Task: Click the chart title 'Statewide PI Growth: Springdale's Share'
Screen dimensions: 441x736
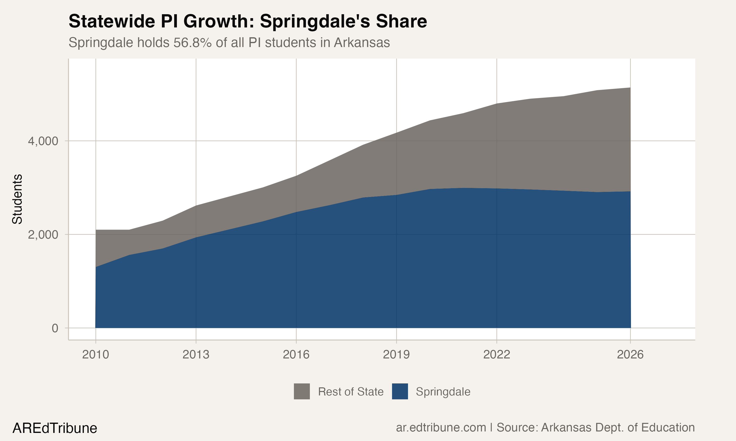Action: click(x=248, y=21)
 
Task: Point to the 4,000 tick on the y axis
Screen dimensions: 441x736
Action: click(x=43, y=141)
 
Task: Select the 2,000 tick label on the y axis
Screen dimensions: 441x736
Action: click(x=43, y=235)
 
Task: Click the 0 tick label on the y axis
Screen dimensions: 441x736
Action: click(x=55, y=328)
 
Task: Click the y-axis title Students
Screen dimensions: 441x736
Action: click(x=17, y=199)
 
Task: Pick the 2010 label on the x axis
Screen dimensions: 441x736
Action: click(x=95, y=355)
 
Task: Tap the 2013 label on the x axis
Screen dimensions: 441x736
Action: click(x=196, y=355)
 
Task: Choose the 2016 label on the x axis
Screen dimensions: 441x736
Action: click(x=296, y=355)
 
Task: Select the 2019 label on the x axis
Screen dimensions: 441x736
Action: click(x=396, y=355)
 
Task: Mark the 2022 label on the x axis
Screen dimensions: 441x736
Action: click(x=497, y=355)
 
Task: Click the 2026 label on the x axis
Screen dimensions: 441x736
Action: click(x=630, y=355)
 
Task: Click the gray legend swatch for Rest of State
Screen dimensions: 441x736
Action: click(x=302, y=391)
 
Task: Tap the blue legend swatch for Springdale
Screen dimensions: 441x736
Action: click(x=400, y=391)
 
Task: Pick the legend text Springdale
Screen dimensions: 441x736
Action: click(x=443, y=392)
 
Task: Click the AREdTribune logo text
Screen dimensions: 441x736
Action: click(x=55, y=428)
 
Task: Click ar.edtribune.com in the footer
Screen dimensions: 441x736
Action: click(x=441, y=428)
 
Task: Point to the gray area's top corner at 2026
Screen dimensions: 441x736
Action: click(x=630, y=88)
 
